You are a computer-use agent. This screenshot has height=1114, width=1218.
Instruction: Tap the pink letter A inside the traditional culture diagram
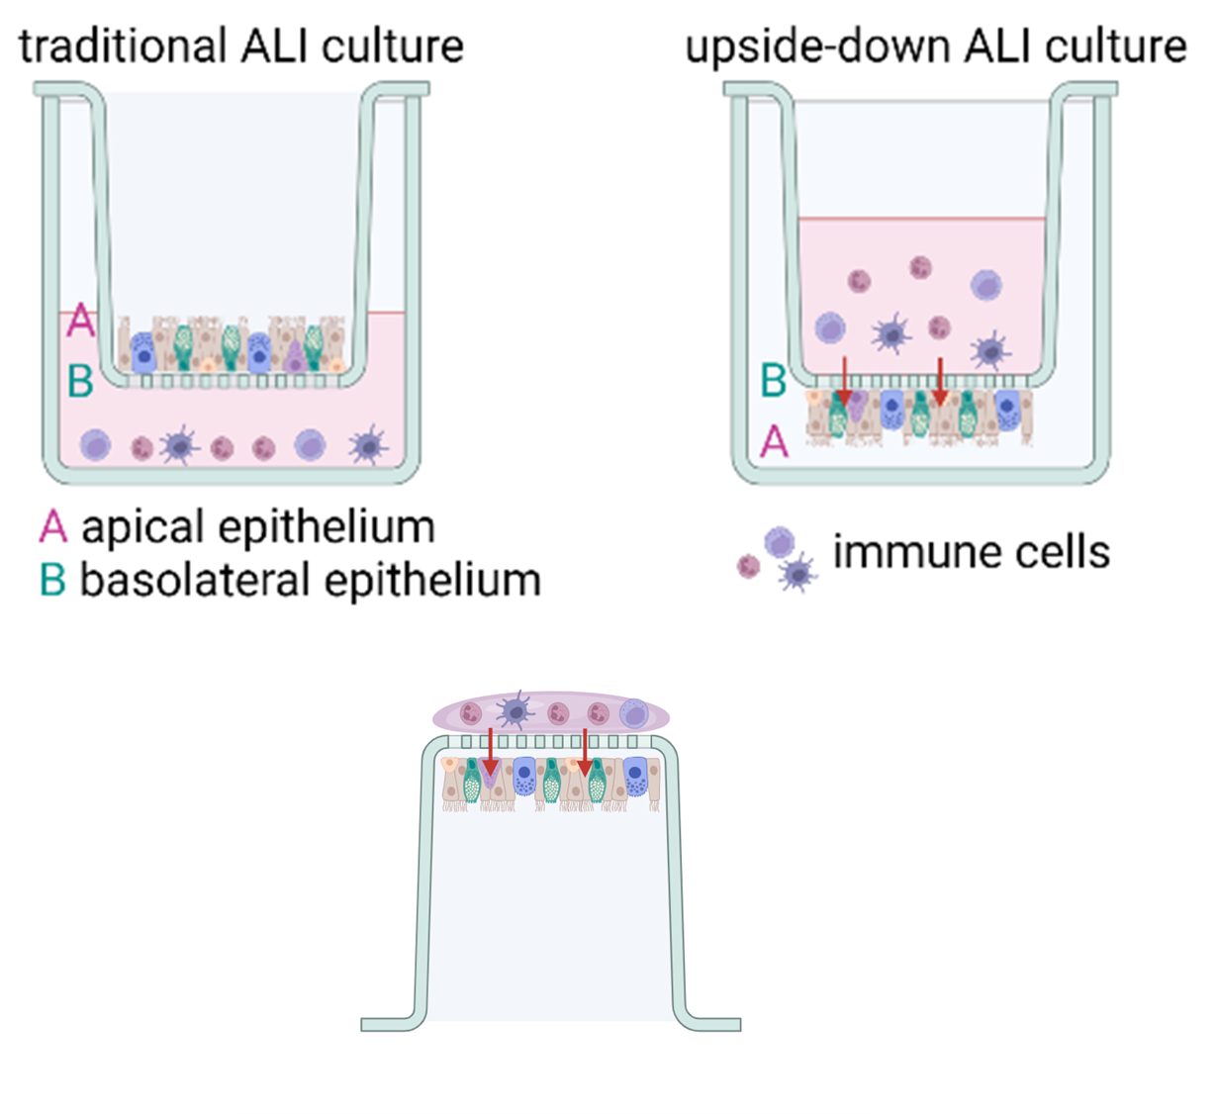[x=79, y=322]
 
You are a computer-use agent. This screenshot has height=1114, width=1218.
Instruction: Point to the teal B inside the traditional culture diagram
[x=80, y=380]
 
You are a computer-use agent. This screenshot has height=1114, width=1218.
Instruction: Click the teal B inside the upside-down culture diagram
[x=774, y=380]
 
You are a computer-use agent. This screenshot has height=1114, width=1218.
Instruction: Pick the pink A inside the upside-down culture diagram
[x=774, y=441]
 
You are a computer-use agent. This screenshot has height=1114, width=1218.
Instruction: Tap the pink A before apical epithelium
[x=52, y=526]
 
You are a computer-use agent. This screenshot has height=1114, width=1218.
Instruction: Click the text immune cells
[x=971, y=552]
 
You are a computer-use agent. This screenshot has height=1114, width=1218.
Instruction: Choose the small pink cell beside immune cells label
[x=749, y=566]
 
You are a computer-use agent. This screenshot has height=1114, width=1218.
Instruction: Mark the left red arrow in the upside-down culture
[x=844, y=381]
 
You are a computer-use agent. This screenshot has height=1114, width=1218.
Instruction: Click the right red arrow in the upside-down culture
[x=939, y=381]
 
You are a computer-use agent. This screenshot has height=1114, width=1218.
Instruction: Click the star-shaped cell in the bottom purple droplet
[x=515, y=710]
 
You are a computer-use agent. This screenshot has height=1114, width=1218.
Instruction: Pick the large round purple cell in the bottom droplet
[x=633, y=712]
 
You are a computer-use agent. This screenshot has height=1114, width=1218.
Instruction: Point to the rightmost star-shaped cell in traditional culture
[x=368, y=445]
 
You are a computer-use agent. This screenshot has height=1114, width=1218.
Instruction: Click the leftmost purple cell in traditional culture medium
[x=96, y=446]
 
